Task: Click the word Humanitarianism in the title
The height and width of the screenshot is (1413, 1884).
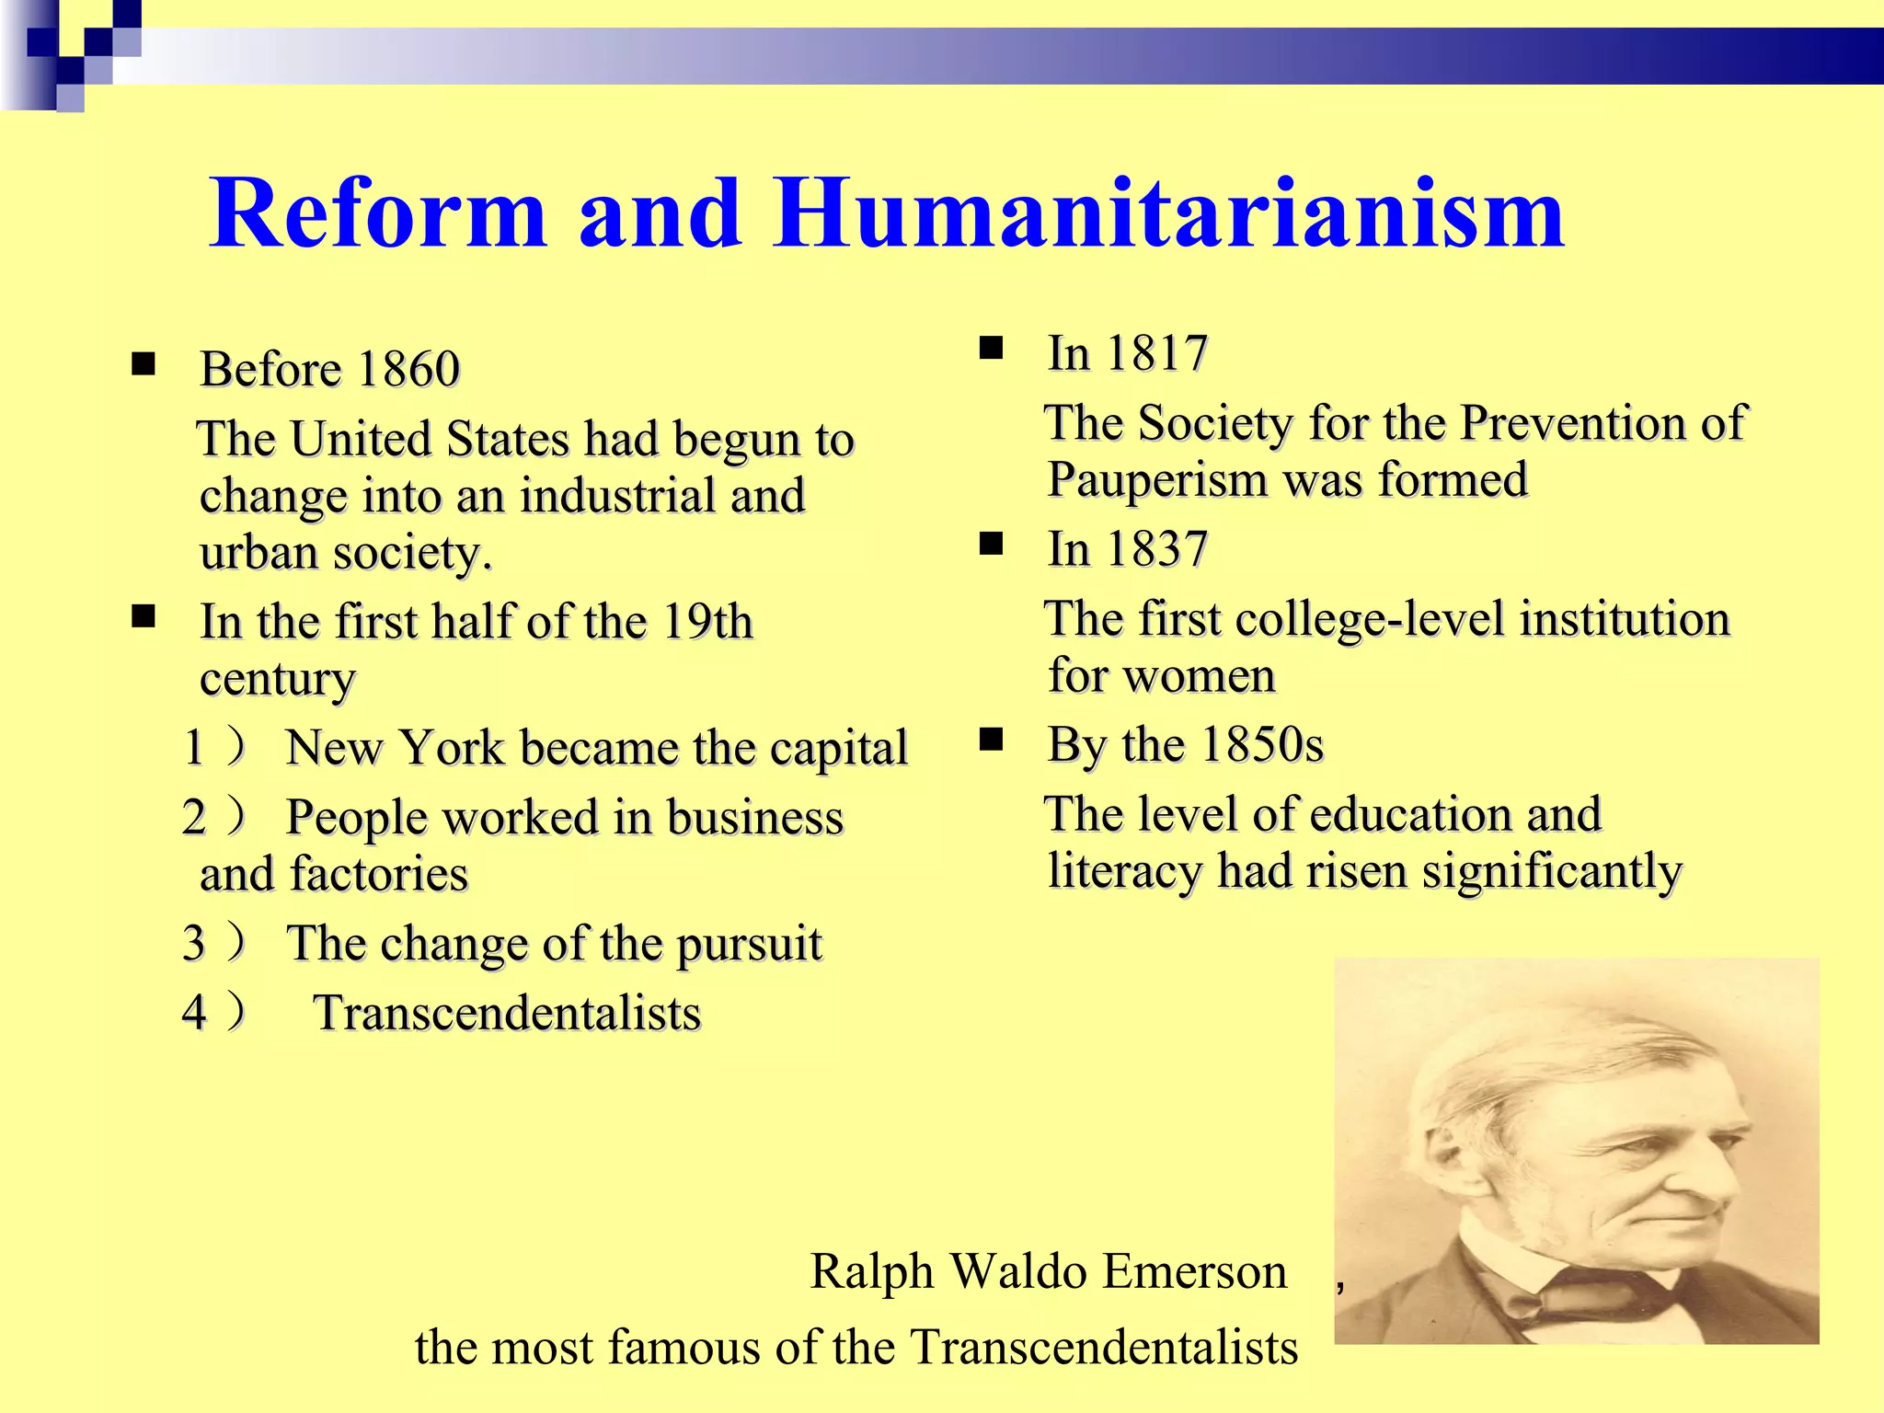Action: (x=1168, y=213)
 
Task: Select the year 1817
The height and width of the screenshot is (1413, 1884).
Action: (x=1156, y=353)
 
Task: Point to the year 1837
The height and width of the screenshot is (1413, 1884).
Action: (x=1156, y=549)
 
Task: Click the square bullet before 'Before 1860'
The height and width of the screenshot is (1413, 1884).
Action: (x=144, y=365)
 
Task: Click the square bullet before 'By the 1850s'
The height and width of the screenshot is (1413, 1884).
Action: (x=991, y=740)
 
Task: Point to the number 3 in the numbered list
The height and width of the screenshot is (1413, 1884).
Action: (x=194, y=943)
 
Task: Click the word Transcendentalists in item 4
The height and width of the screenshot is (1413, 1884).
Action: (x=508, y=1013)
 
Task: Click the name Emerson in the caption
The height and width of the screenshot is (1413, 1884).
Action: (x=1195, y=1272)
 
